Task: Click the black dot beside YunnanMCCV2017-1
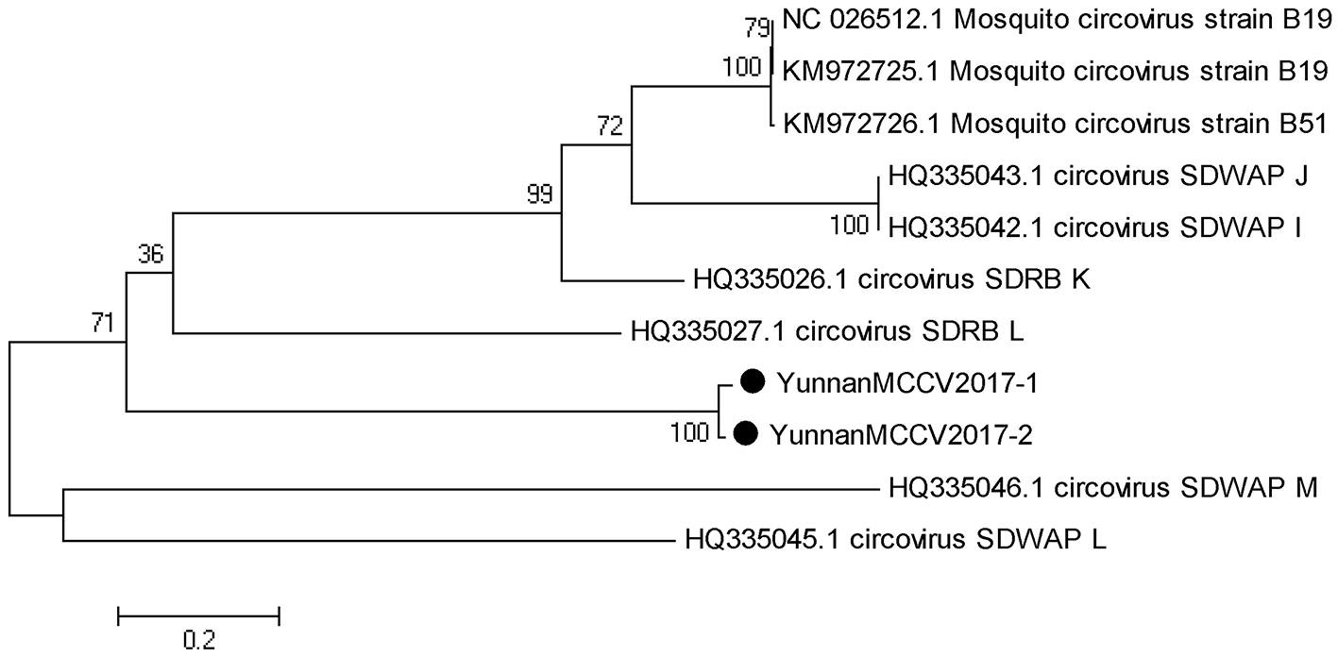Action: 752,381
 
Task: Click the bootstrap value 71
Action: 103,326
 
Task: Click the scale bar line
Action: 198,616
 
